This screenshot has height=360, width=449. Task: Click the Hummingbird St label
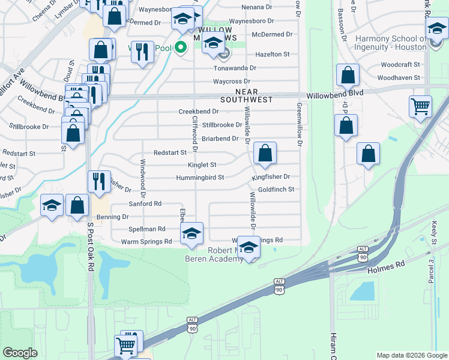coord(200,178)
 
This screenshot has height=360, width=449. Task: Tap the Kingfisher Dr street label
coord(271,177)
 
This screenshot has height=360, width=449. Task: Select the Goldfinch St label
coord(276,190)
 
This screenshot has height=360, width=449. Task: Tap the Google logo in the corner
coord(20,353)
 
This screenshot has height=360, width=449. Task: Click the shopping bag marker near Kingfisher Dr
coord(265,154)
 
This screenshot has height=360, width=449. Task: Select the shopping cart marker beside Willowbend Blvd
coord(420,107)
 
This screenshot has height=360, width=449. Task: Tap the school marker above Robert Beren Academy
coord(191,233)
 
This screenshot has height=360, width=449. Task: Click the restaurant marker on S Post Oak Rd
coord(99,181)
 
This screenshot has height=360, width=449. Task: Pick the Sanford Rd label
coord(145,204)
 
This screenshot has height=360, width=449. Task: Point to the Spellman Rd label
coord(147,229)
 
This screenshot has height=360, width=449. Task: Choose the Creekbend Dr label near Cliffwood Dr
coord(199,112)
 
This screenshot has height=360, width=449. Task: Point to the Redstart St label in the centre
coord(170,153)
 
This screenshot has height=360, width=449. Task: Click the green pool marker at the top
coord(179,48)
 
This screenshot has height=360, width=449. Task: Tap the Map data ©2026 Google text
coord(411,355)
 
